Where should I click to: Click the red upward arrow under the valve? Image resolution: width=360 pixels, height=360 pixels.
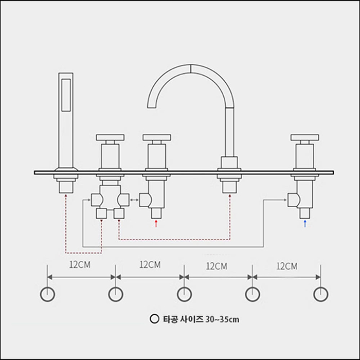(156, 224)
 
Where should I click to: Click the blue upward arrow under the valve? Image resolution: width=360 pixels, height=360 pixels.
(305, 224)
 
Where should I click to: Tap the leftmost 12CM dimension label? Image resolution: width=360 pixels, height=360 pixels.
(80, 265)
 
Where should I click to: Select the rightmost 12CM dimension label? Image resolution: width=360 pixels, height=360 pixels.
(287, 266)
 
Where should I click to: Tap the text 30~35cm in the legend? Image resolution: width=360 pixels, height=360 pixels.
(222, 319)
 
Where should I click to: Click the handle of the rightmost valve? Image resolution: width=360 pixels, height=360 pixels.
(304, 137)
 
